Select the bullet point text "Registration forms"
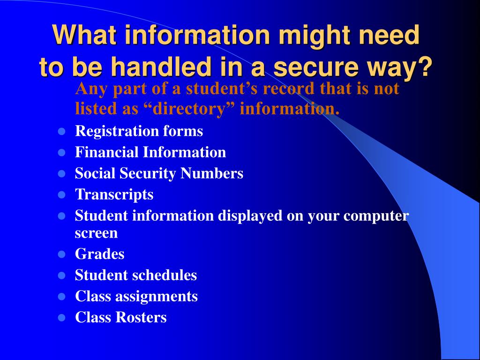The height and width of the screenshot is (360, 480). [x=139, y=131]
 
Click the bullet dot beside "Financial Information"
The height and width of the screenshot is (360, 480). [x=61, y=153]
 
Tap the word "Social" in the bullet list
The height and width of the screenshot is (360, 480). [x=95, y=173]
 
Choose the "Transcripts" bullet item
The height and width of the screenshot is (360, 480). [x=114, y=194]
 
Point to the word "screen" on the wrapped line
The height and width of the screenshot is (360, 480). [x=96, y=232]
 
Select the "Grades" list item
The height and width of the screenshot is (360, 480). [x=99, y=254]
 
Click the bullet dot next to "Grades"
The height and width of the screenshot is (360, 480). [x=61, y=255]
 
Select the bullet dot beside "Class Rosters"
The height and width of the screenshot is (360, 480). [x=61, y=318]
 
